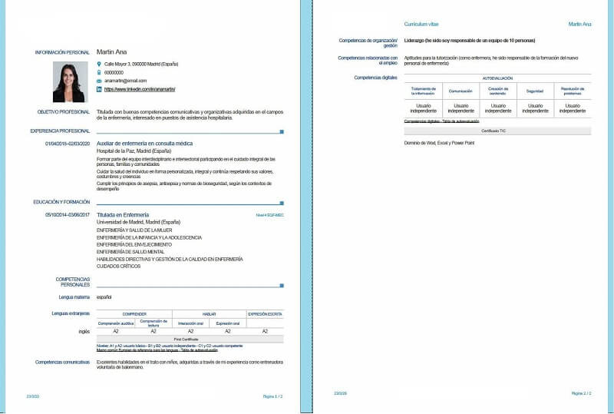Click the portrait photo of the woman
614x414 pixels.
[69, 82]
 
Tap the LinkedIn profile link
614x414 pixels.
[136, 90]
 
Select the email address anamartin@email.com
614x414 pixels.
[125, 81]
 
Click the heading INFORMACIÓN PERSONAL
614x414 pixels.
[63, 52]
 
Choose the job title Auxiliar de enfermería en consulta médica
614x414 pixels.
[144, 144]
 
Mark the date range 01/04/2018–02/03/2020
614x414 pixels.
[68, 144]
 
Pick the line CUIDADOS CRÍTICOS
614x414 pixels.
[119, 267]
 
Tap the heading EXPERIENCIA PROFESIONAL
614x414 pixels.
[61, 131]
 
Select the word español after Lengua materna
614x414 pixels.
[104, 296]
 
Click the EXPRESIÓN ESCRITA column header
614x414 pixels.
[265, 314]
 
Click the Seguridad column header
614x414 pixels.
[534, 91]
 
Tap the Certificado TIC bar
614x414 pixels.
[498, 131]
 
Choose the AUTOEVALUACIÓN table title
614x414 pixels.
[498, 78]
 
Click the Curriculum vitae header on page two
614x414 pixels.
[421, 25]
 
